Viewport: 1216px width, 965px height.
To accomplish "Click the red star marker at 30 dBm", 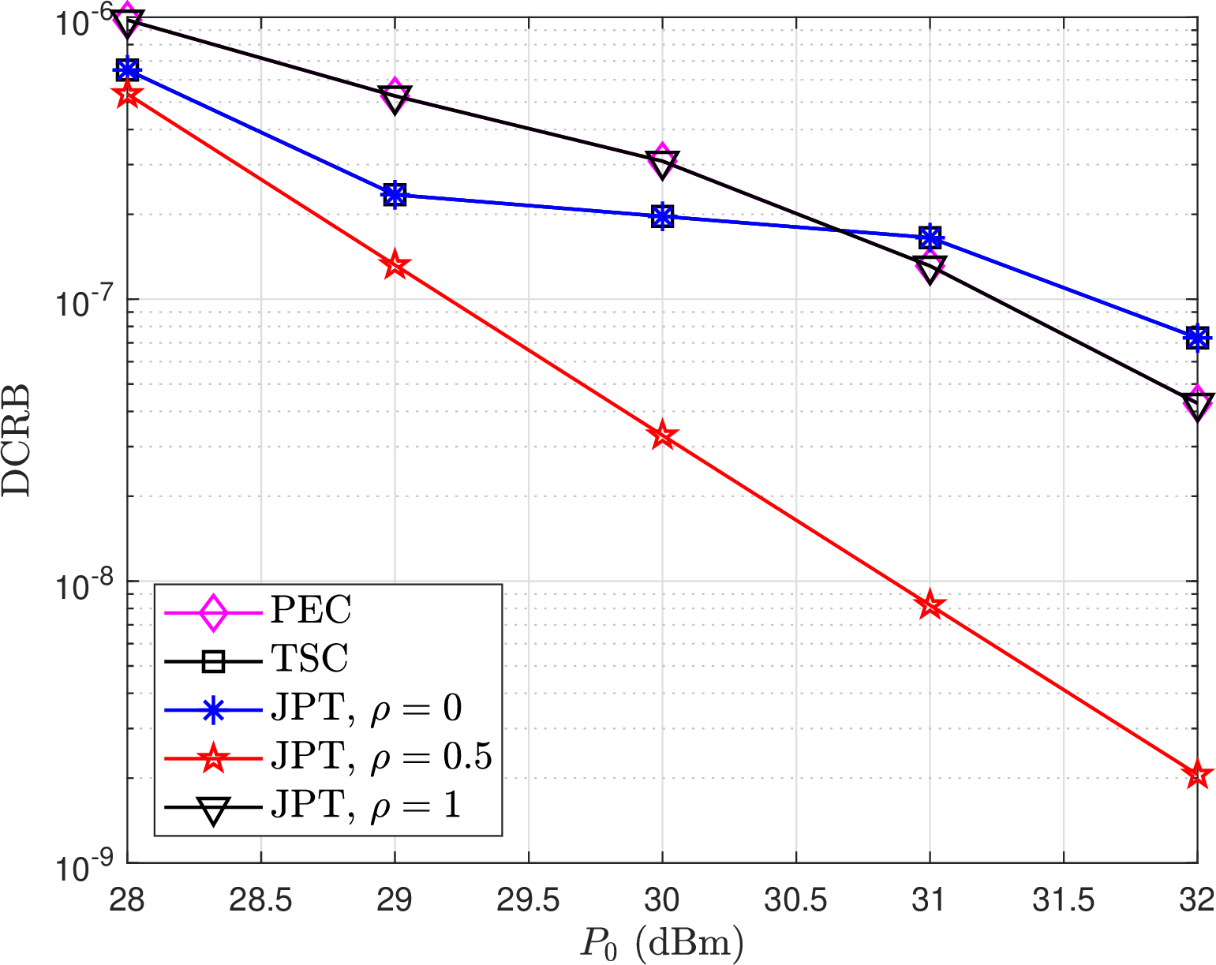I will coord(663,435).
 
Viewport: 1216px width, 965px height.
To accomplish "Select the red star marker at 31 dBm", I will coord(930,606).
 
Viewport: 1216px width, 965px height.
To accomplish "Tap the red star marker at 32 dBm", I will coord(1197,775).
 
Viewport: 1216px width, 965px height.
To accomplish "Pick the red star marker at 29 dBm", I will coord(395,265).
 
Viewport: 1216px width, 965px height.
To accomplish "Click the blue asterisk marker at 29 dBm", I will coord(395,193).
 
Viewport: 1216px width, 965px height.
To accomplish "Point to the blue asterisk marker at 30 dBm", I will coord(663,216).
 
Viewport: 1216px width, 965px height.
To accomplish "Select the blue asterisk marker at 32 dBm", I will coord(1197,338).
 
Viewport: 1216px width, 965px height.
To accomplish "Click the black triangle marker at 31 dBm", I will coord(930,269).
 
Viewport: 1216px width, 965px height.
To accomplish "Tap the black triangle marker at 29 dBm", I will coord(395,99).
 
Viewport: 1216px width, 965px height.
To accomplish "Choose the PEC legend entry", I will coord(311,610).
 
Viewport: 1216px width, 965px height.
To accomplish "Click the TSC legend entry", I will coord(309,659).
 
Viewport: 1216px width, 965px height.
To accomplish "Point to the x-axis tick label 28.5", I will coord(260,900).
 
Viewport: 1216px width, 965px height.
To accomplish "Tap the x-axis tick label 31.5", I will coord(1063,900).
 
